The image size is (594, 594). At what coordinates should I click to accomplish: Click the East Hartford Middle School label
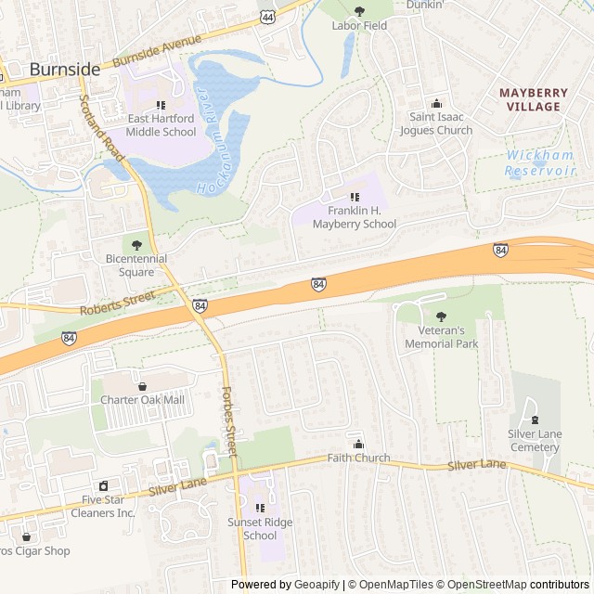[161, 125]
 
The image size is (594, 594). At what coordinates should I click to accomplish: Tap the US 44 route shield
[267, 17]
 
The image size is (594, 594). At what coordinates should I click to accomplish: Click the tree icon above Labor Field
[359, 11]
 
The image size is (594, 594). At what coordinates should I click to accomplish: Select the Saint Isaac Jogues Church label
[436, 123]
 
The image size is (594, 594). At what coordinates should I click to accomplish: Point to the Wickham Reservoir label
[540, 163]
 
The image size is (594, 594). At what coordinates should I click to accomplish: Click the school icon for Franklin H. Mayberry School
[355, 197]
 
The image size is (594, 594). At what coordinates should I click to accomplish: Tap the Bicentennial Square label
[136, 265]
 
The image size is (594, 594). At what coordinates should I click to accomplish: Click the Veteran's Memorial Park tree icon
[441, 316]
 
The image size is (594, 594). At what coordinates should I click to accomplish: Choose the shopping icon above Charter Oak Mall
[142, 386]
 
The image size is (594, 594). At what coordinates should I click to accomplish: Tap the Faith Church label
[358, 458]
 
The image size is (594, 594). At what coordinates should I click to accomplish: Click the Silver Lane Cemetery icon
[534, 414]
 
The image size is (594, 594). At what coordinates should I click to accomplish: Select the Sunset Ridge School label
[260, 529]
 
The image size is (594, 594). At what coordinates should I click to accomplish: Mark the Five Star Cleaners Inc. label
[103, 507]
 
